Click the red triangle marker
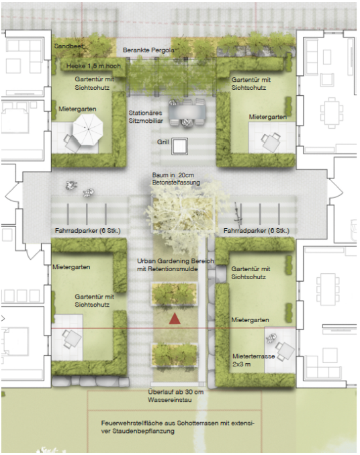175,319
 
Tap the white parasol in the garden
88,130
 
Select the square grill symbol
179,146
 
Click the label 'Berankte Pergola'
148,50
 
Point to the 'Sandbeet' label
69,46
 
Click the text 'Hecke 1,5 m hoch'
93,66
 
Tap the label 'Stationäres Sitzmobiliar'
146,117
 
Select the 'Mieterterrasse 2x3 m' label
253,360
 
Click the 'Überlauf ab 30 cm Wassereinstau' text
176,396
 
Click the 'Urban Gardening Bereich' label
175,261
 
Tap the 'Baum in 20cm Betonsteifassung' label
176,179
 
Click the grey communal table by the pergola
187,111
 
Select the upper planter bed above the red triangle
174,293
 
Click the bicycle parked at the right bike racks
238,215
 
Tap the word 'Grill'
163,142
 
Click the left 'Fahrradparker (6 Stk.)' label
88,231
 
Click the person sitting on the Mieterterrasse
271,339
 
